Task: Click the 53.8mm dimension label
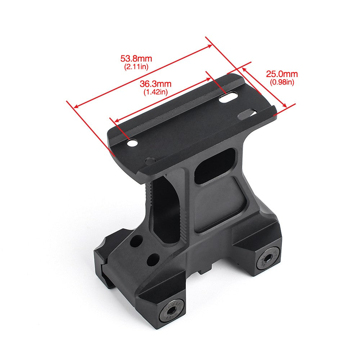(136, 58)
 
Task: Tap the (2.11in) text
(136, 66)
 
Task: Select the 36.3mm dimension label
(156, 84)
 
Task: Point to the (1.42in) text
(156, 92)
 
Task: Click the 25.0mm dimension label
(282, 75)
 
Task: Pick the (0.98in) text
(282, 82)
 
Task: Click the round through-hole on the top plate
(132, 143)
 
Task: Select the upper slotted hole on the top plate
(228, 97)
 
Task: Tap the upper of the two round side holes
(136, 241)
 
